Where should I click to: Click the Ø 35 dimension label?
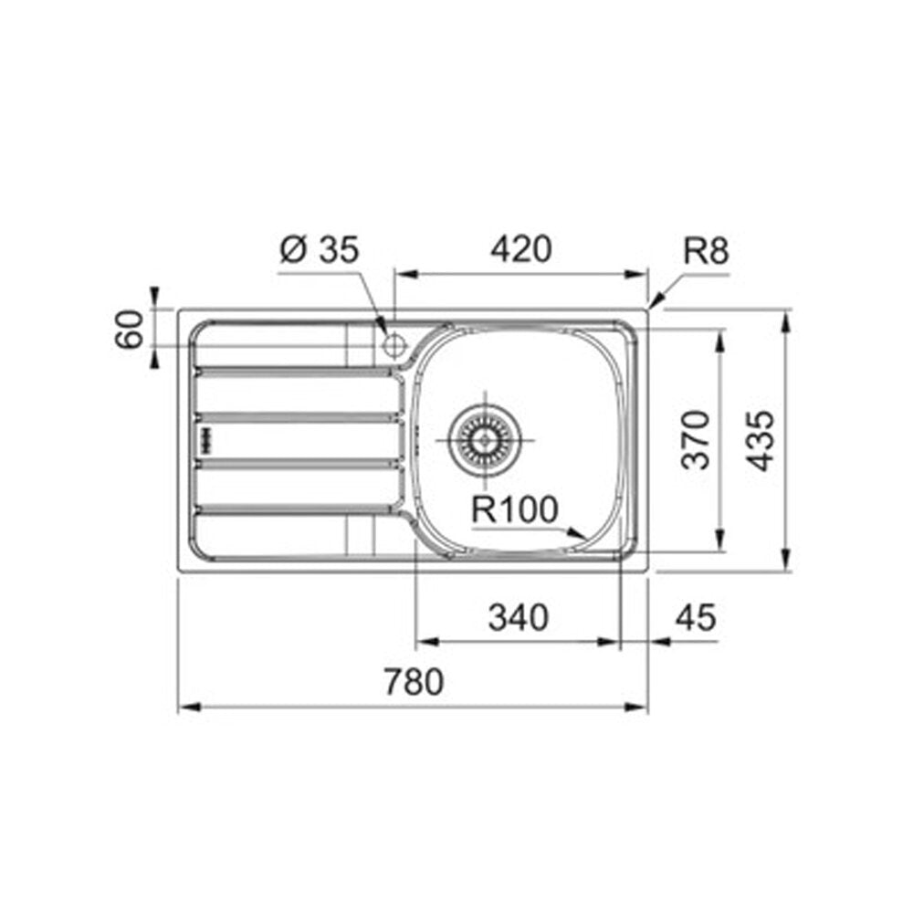coord(320,249)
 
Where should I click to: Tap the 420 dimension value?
coord(520,249)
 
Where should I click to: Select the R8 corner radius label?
coord(706,252)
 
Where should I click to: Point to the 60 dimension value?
coord(130,329)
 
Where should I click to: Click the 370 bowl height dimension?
coord(697,440)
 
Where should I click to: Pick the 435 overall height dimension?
coord(761,440)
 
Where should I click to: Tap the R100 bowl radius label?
coord(514,509)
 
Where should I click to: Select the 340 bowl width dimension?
coord(519,617)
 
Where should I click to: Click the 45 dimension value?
coord(696,617)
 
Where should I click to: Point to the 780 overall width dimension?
coord(414,681)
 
